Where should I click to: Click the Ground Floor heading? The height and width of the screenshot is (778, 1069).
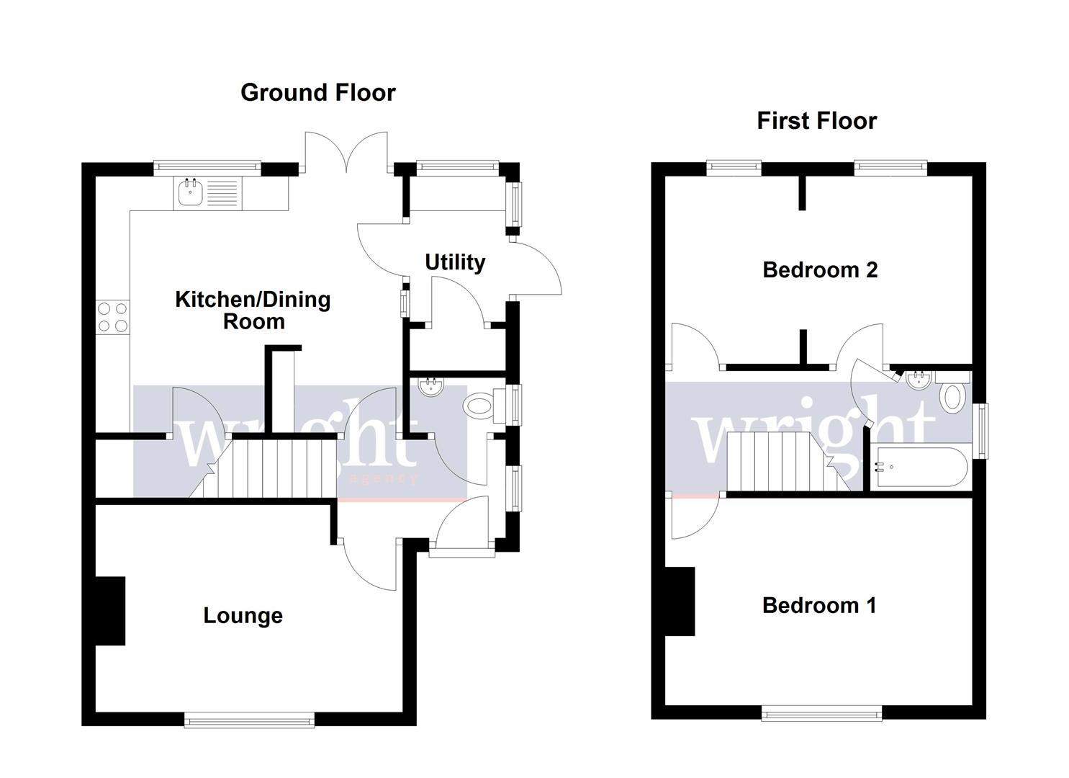pos(317,93)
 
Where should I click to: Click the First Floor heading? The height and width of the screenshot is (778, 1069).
pos(816,121)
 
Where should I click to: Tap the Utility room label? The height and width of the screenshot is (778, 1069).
pos(454,262)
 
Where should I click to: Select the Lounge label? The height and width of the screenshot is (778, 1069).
pos(243,616)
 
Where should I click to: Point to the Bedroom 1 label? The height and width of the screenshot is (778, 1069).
pos(819,605)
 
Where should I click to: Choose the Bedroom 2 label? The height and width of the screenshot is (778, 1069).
pos(820,270)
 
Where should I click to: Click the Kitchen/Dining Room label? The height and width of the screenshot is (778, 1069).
pos(253,310)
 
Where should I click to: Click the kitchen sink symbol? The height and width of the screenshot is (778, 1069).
pos(208,193)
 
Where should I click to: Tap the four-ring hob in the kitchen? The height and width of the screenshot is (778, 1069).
pos(112,317)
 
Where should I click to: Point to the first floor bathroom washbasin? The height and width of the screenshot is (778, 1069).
pos(918,380)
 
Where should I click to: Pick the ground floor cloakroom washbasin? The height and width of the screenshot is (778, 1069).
pos(431,387)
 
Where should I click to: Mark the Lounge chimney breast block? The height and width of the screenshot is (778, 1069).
pos(110,610)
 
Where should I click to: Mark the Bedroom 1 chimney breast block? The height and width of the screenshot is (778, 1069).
pos(680,602)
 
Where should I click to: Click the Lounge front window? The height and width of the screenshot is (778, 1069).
pos(249,719)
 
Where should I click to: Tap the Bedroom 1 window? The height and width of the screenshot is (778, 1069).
pos(821,713)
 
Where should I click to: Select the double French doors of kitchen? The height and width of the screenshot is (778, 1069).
pos(347,153)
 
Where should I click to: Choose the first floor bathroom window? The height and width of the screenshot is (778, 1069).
pos(980,430)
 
